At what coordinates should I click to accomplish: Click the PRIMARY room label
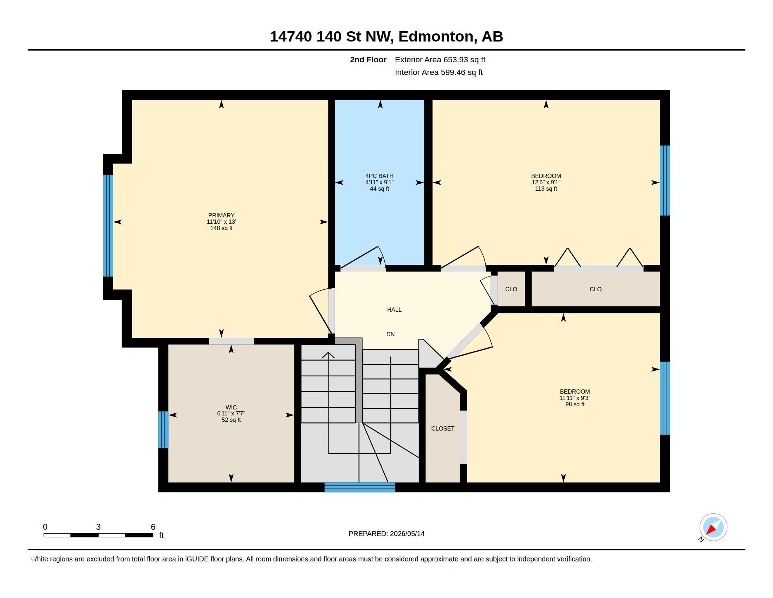221,215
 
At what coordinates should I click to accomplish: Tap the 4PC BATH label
379,176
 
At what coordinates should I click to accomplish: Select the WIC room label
231,407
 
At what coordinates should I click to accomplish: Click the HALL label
394,310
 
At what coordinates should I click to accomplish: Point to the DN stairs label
390,334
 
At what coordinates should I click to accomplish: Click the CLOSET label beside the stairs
443,428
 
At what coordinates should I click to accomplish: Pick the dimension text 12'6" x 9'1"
546,183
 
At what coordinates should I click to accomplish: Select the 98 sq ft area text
575,404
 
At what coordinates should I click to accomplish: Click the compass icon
713,527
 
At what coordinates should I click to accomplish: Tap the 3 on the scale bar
98,527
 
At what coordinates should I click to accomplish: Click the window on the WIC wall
163,430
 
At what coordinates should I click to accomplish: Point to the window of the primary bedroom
108,226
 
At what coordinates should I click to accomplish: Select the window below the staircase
359,487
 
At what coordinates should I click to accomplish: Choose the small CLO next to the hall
511,289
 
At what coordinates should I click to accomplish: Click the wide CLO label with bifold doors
596,289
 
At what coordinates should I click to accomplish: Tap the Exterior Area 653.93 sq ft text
440,59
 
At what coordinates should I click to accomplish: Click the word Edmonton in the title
436,37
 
